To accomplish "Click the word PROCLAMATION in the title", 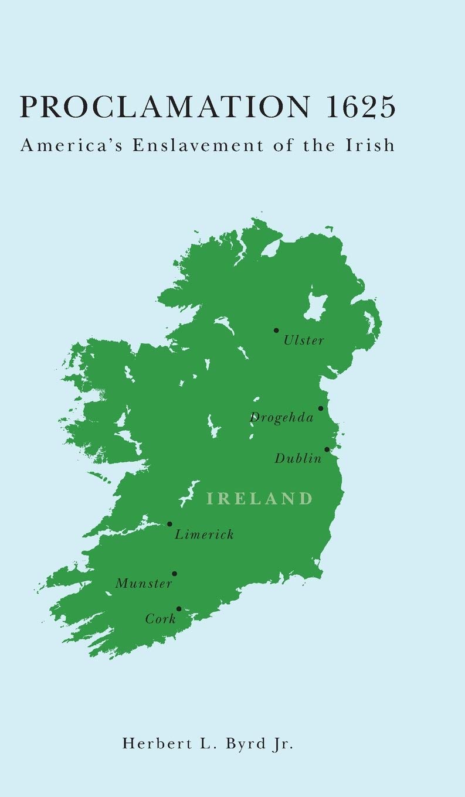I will [x=158, y=107].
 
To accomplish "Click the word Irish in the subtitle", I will [x=373, y=145].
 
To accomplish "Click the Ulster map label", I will [x=304, y=340].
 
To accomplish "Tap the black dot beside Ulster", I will [x=276, y=331].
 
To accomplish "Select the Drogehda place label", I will [x=282, y=418].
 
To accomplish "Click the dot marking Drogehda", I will [x=321, y=408].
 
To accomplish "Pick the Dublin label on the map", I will [x=298, y=459].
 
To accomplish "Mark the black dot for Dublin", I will [x=327, y=449].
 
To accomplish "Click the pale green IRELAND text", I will [x=260, y=499].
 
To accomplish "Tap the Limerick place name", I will [x=205, y=534].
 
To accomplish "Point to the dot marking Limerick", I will [x=169, y=524].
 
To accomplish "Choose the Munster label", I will [x=144, y=584].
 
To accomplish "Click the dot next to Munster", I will [x=174, y=574].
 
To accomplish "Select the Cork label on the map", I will [x=161, y=619].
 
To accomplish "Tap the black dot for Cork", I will [x=179, y=609].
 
